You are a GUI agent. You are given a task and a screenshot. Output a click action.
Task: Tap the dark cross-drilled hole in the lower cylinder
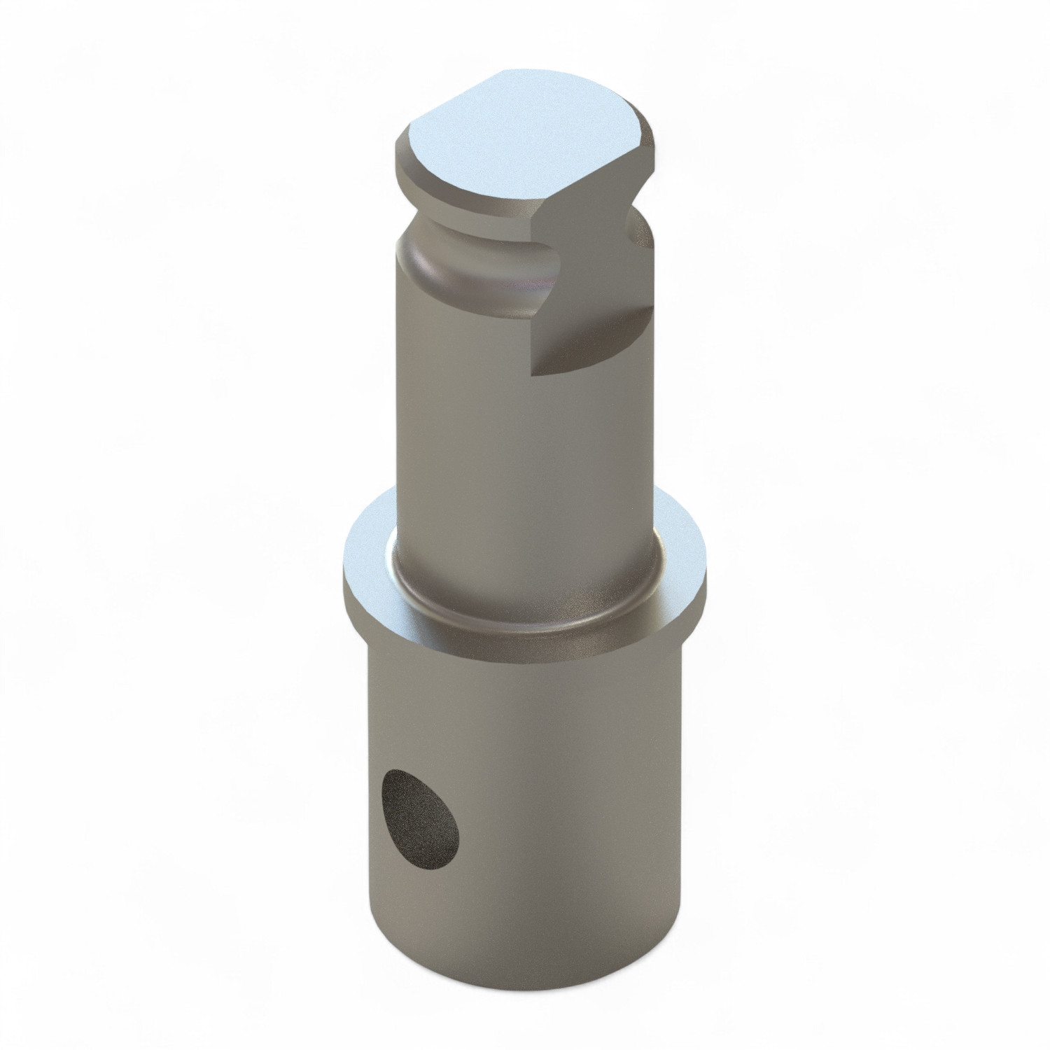(418, 812)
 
